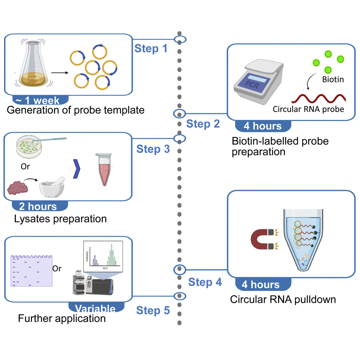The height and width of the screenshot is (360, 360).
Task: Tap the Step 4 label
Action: [205, 282]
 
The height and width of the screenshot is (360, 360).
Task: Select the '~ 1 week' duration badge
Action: [40, 101]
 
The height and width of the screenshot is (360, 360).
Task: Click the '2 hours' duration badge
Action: [38, 206]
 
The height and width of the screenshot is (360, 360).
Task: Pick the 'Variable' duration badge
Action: [95, 308]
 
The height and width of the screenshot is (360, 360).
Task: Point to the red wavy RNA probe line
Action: [318, 98]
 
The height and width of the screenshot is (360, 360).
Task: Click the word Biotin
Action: [333, 79]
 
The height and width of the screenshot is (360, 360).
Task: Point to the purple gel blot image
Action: [31, 271]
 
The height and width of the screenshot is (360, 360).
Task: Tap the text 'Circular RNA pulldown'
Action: [283, 299]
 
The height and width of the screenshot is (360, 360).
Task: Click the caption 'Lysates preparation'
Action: [60, 219]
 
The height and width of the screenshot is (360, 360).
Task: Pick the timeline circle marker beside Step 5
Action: [180, 296]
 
